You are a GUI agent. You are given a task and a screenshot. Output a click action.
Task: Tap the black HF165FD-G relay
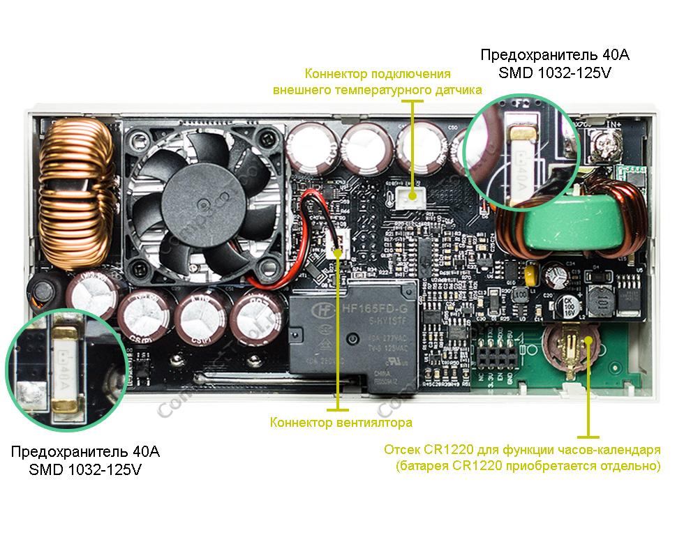[353, 335]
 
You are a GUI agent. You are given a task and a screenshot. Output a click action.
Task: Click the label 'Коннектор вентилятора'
[341, 423]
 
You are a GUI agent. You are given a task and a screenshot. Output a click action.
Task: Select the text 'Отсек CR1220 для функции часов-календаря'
[522, 450]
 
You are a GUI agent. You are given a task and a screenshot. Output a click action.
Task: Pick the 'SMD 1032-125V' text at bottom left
[85, 470]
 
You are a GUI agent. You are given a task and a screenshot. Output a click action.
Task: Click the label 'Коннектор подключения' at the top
[377, 74]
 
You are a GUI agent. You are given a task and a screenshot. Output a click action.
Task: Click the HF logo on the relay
[323, 308]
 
